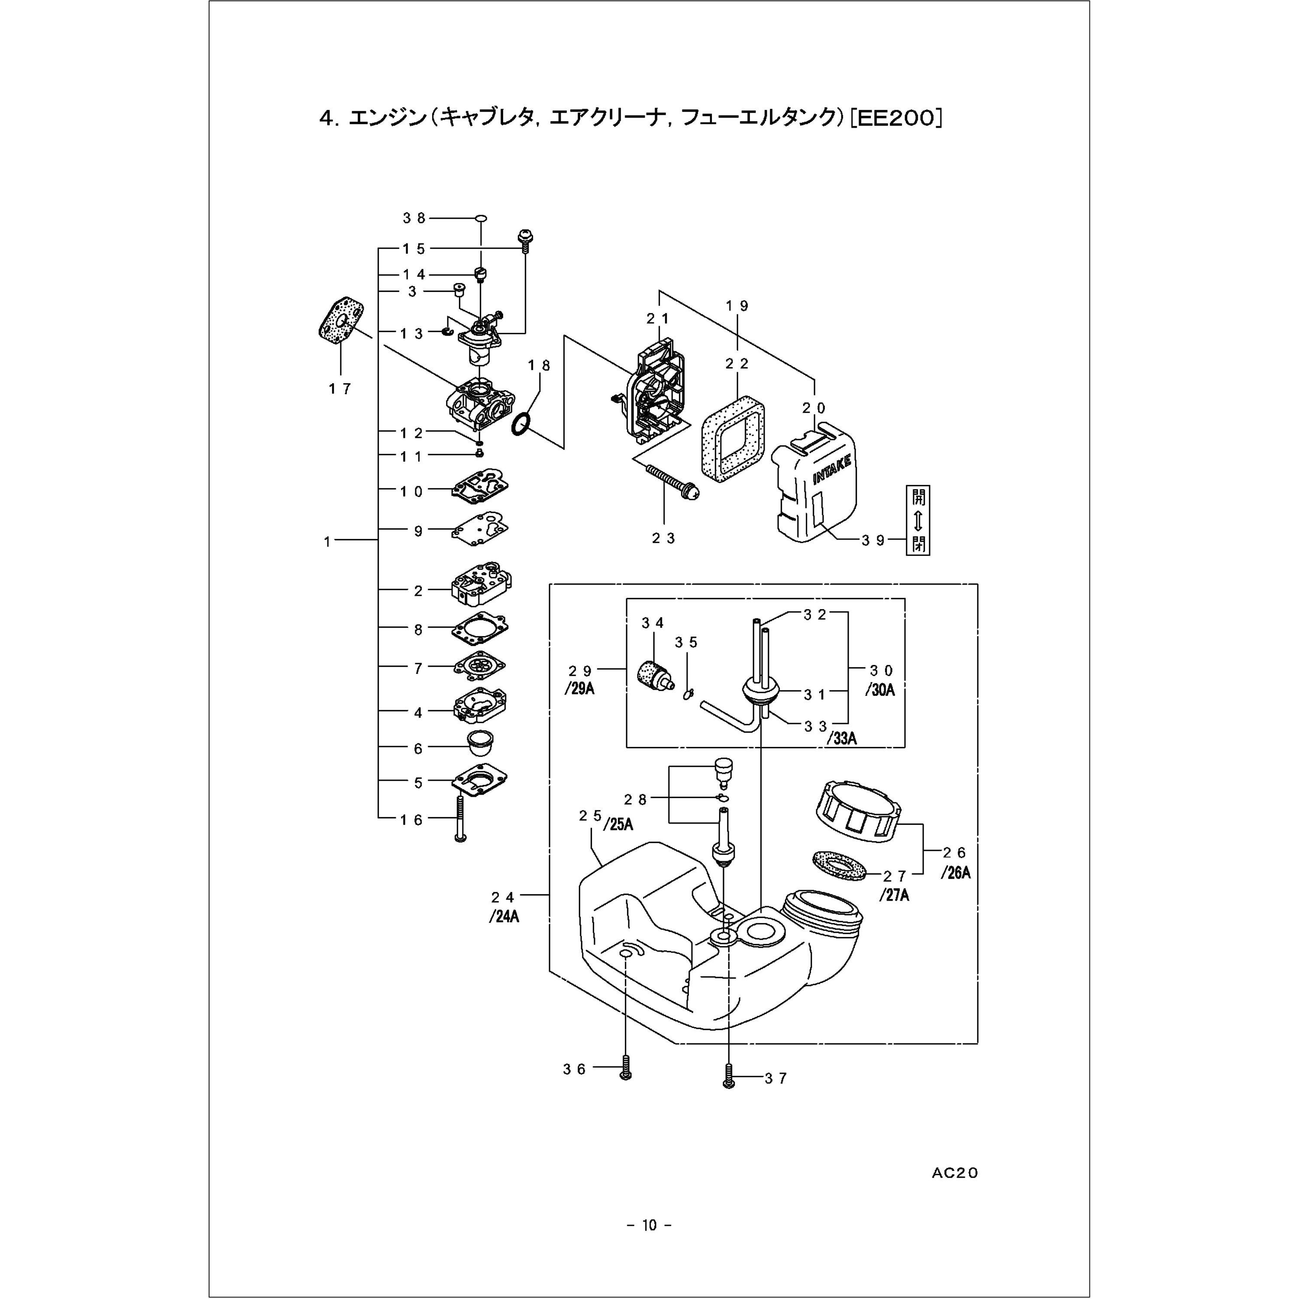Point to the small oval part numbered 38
(x=481, y=219)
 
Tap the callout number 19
(x=737, y=306)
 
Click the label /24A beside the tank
(x=504, y=916)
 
